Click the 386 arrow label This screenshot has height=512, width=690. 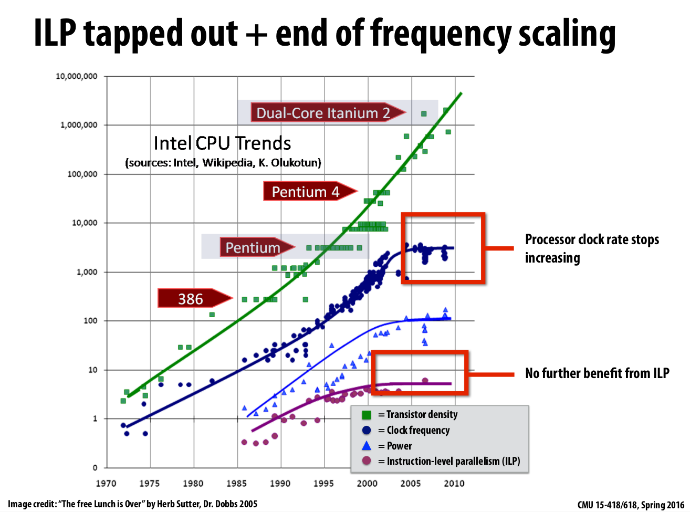tap(190, 299)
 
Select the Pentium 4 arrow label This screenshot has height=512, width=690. tap(306, 192)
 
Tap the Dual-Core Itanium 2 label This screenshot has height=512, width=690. tap(323, 113)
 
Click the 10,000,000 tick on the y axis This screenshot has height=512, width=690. tap(77, 76)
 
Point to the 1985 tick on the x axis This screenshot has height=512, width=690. tap(237, 483)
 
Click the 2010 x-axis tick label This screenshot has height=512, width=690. tap(454, 483)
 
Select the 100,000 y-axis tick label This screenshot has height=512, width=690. tap(82, 174)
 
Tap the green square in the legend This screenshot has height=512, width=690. tap(367, 415)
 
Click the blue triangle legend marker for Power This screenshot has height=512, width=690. tap(367, 446)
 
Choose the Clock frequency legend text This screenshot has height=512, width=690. tap(418, 430)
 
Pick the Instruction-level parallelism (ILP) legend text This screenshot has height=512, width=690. tap(453, 461)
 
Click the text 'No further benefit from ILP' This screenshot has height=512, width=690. tap(597, 373)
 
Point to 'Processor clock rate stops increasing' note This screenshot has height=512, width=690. tap(592, 248)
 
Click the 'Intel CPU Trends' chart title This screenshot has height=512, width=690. tap(222, 143)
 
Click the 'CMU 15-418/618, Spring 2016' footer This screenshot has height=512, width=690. tap(631, 505)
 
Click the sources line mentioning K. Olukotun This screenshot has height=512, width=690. tap(223, 163)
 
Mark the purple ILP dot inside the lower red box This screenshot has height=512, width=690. tap(425, 381)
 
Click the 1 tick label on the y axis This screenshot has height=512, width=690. tap(95, 419)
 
